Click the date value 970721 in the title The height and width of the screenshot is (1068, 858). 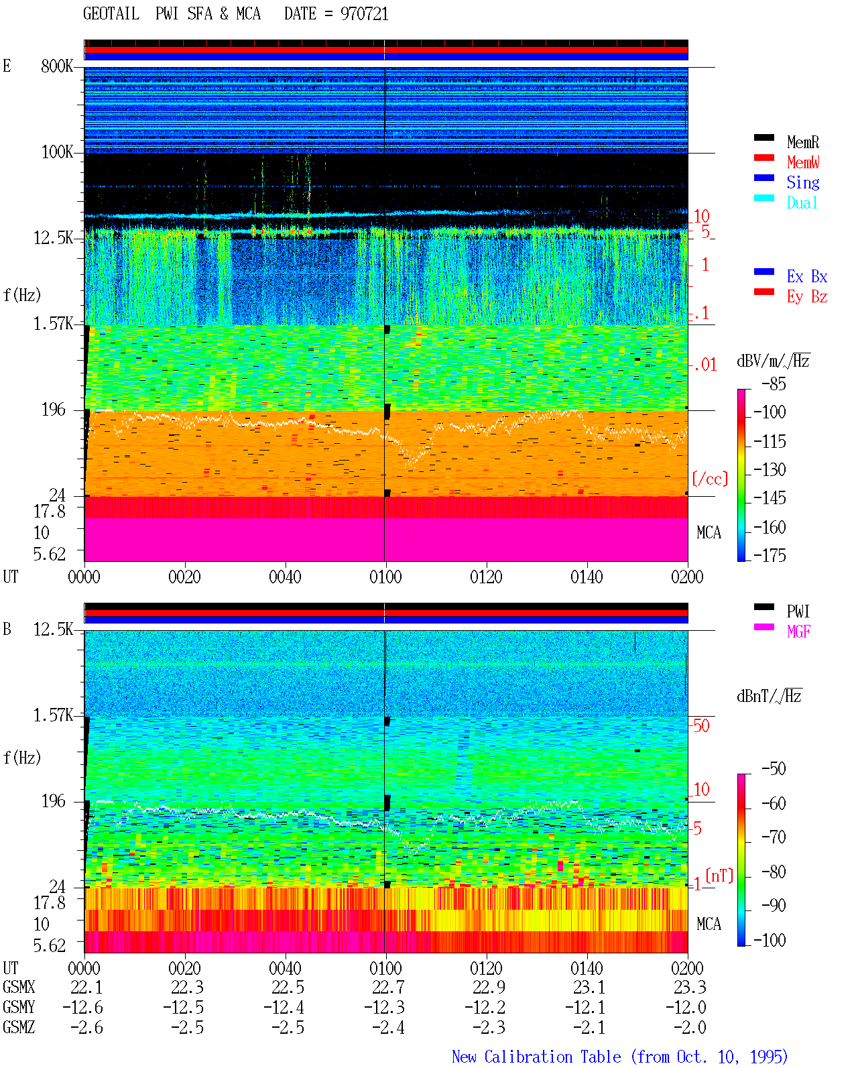(364, 13)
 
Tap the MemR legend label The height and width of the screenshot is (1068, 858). (803, 142)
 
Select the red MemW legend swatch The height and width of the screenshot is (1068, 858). (763, 158)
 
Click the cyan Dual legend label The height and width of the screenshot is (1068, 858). (802, 203)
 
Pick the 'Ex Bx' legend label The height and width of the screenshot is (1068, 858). (807, 276)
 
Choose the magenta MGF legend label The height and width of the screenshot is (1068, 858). (798, 632)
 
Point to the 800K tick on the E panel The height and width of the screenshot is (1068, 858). (57, 66)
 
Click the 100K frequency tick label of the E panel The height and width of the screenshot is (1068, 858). (57, 152)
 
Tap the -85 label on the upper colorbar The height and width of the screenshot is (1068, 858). (774, 383)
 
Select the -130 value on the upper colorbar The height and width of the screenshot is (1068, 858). (770, 469)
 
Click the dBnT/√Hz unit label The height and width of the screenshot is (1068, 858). (769, 696)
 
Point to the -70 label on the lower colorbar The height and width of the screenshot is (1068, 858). (774, 837)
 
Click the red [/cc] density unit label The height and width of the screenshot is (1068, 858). (710, 479)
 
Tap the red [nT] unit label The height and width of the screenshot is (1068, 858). (719, 875)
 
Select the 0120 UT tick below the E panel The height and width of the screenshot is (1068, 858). (487, 577)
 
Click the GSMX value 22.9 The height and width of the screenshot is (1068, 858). (489, 988)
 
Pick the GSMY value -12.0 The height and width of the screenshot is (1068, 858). (685, 1008)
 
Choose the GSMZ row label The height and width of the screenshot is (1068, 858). (19, 1027)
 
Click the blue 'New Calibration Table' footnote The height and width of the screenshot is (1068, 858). (536, 1057)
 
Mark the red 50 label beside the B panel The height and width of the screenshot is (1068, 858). (702, 726)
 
